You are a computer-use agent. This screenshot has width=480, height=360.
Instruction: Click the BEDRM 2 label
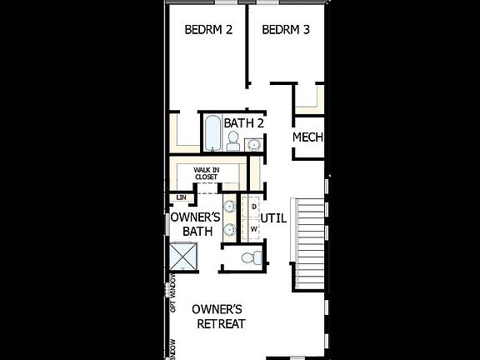coord(207,30)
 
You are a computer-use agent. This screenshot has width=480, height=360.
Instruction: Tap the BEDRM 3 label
coord(286,30)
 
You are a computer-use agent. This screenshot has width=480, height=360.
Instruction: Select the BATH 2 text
coord(243,123)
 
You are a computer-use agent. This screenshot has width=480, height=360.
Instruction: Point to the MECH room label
coord(307,137)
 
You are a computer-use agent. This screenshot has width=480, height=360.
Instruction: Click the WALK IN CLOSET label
coord(206,173)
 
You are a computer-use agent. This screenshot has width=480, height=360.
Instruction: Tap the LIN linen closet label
coord(182,197)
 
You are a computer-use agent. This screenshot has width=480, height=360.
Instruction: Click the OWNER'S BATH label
coord(194,224)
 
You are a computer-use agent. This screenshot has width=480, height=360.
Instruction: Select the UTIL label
coord(274,218)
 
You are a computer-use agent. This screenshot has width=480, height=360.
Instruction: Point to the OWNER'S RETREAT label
coord(218,317)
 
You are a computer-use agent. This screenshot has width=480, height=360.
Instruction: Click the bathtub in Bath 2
coord(212,133)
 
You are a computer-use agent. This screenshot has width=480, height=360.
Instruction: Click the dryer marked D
coord(253,205)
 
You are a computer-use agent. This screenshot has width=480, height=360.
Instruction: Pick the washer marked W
coord(253,227)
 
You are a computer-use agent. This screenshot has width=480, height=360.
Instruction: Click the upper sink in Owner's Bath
coord(228,206)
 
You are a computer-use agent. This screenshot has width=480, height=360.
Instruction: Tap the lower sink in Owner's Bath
coord(228,231)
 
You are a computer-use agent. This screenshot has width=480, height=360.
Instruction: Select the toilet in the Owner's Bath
coord(249,258)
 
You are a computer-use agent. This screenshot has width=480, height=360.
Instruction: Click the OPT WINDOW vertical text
coord(173,292)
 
